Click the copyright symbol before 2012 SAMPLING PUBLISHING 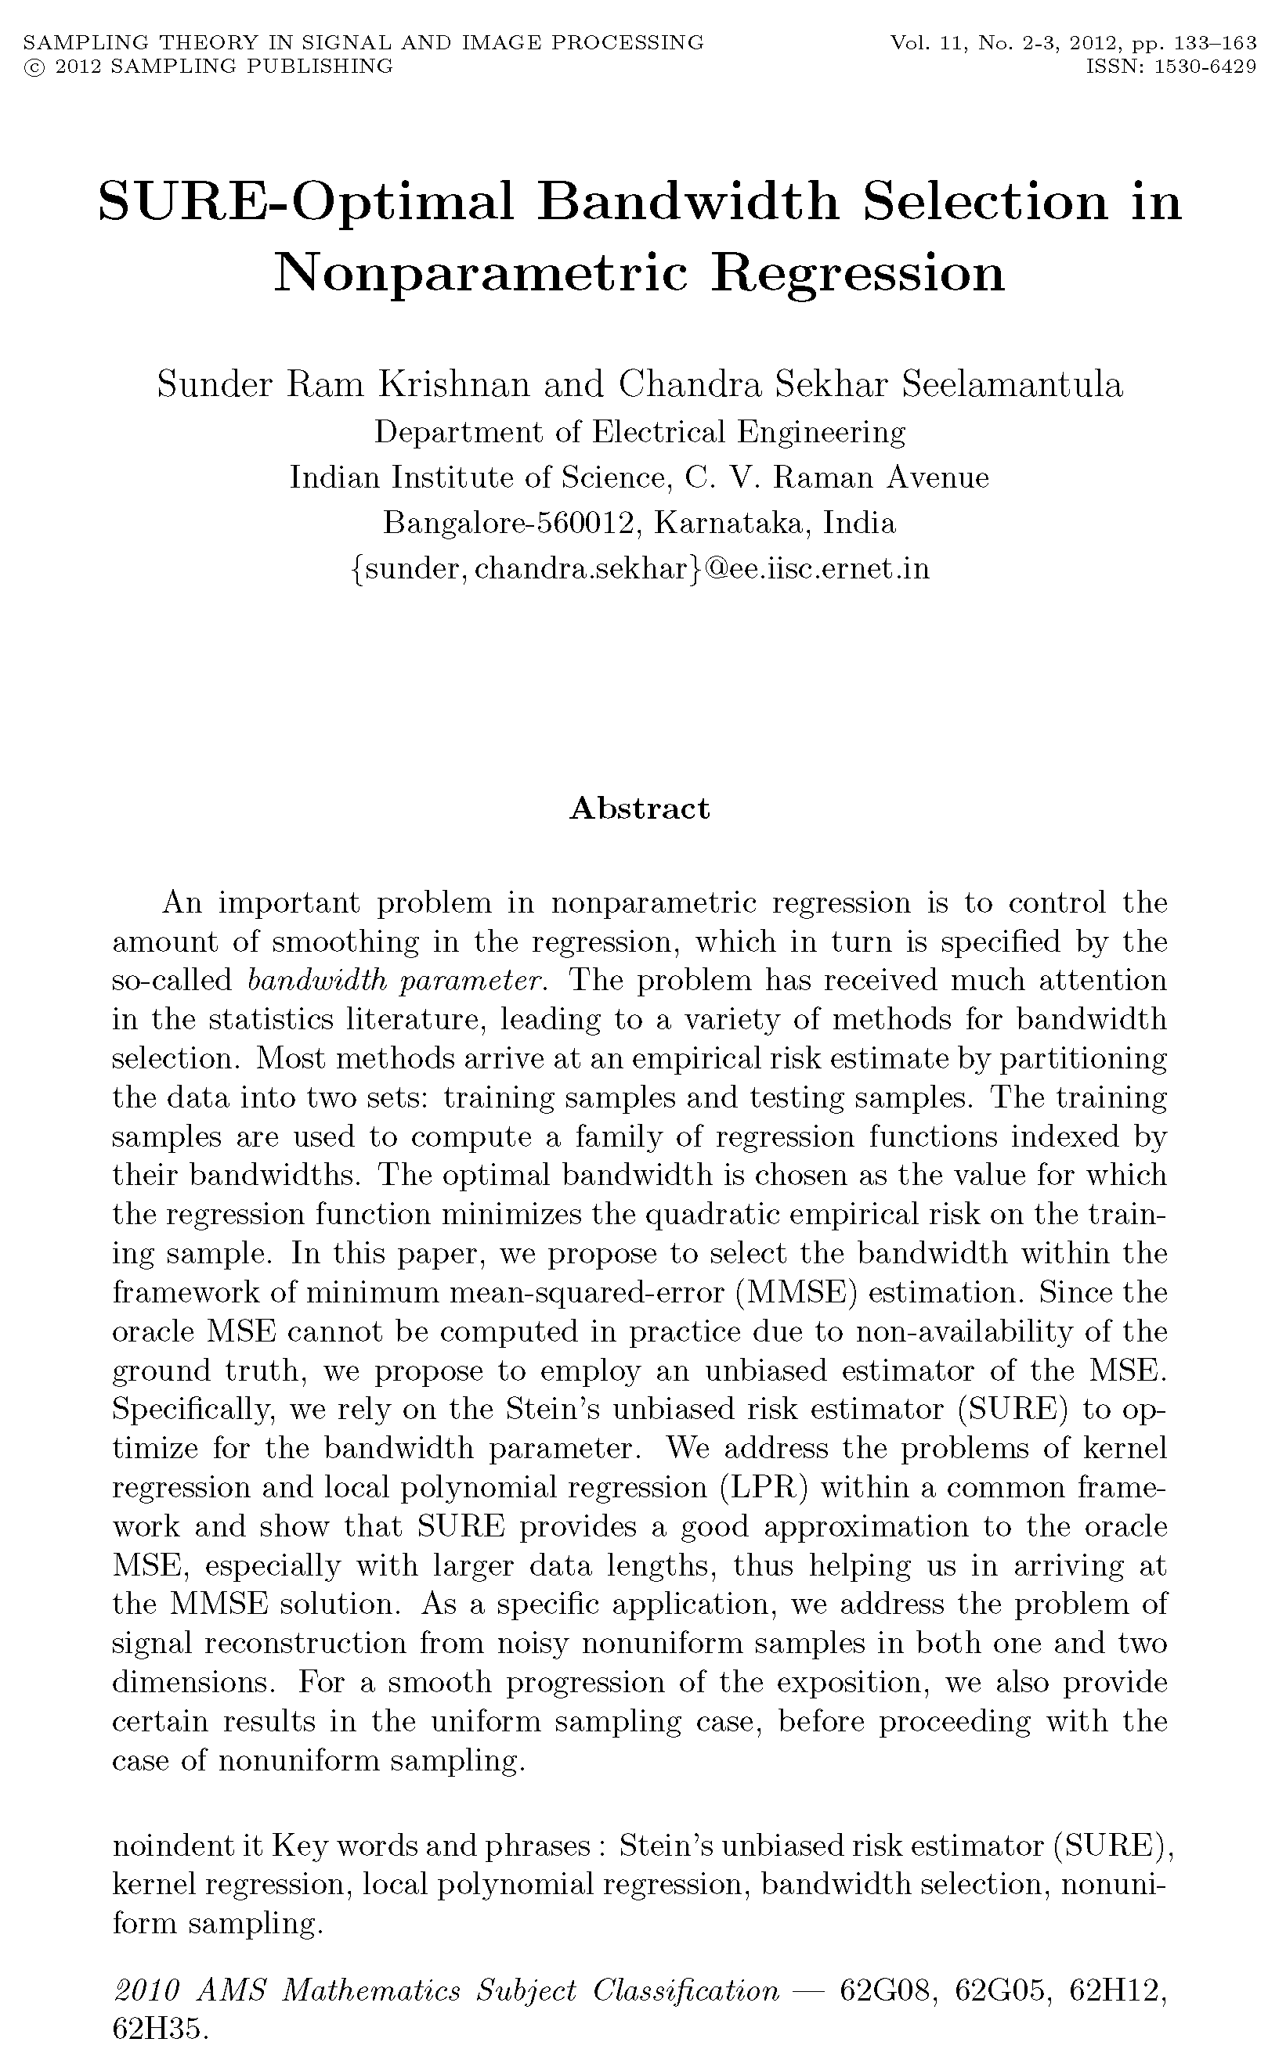click(34, 67)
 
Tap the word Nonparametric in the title click(479, 273)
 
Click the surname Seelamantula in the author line click(1013, 385)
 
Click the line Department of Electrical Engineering click(640, 432)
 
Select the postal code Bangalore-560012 click(509, 523)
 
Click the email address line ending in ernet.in click(640, 569)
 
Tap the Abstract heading click(640, 808)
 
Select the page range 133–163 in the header click(1212, 43)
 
